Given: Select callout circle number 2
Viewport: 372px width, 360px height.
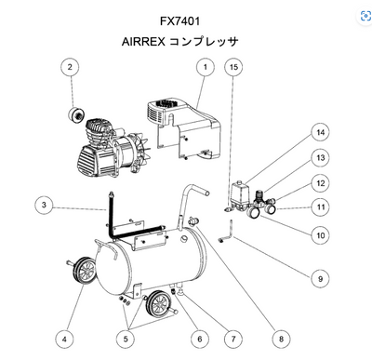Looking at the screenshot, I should [x=68, y=67].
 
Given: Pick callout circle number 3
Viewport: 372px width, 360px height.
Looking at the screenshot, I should [x=44, y=205].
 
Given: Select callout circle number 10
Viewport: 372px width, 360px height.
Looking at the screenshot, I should [x=319, y=235].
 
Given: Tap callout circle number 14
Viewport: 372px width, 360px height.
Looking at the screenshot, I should [x=319, y=131].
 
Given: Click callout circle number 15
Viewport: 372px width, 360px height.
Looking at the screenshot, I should [x=233, y=67].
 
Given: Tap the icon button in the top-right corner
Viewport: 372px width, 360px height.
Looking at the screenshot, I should [x=361, y=15].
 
